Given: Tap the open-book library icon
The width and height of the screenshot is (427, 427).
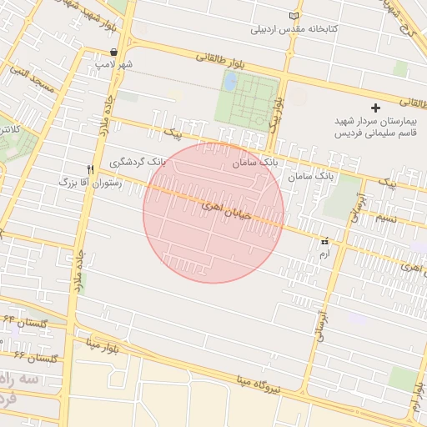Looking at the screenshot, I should pyautogui.click(x=292, y=16).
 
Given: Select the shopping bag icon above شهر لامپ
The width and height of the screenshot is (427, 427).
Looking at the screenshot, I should pyautogui.click(x=113, y=52).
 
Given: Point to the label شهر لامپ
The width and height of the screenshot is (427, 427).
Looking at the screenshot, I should pyautogui.click(x=113, y=63).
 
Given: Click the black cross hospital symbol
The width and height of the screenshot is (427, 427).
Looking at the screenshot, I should pyautogui.click(x=375, y=108).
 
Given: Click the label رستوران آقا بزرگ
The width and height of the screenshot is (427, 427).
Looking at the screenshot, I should pyautogui.click(x=91, y=181).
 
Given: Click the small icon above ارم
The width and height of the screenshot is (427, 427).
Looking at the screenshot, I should pyautogui.click(x=324, y=240).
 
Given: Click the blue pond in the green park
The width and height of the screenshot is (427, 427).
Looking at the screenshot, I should pyautogui.click(x=231, y=83).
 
